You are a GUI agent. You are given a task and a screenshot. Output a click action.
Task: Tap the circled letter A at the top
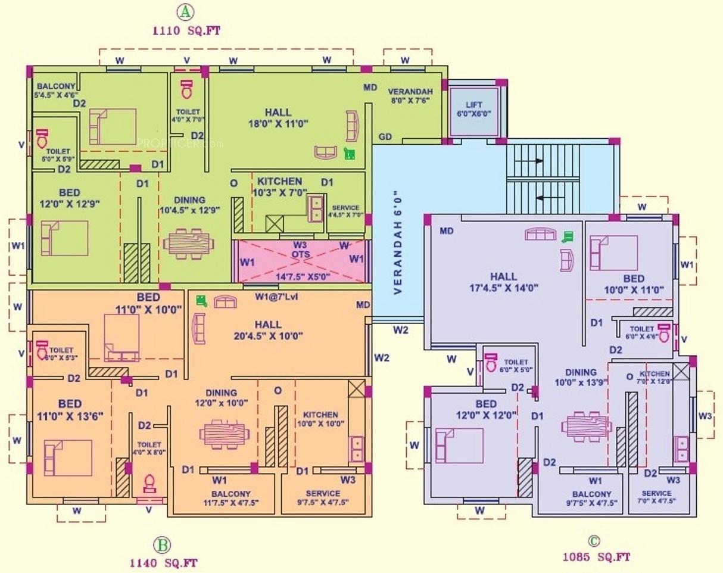coord(186,11)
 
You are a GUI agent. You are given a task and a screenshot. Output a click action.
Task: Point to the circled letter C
coord(594,541)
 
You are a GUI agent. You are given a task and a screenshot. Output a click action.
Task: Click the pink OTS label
coord(300,254)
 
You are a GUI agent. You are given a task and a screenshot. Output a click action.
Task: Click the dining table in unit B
coord(222,433)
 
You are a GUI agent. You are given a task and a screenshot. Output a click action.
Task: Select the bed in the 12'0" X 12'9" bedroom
coord(64,238)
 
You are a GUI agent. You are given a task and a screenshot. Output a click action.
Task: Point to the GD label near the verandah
coord(385,137)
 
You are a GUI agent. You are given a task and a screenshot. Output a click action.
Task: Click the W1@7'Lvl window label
coord(275,296)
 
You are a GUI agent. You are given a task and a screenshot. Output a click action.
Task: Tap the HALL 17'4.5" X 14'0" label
coord(504,282)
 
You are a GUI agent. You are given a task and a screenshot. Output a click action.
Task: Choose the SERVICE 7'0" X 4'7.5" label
coord(657,497)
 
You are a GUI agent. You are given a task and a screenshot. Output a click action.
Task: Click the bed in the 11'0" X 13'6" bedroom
coord(67,457)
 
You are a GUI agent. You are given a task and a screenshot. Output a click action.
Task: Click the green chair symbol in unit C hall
coord(568,236)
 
